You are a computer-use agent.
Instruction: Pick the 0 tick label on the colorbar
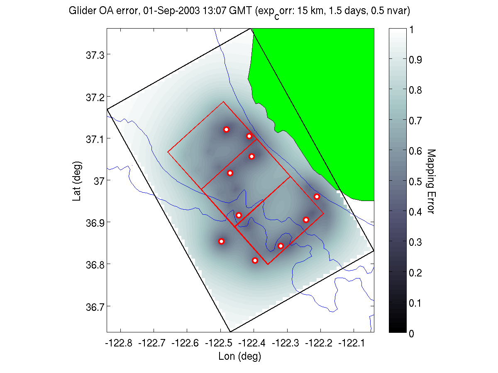click(411, 333)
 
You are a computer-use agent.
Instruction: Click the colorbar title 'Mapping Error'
click(430, 181)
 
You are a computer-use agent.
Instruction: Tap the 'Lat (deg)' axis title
click(77, 181)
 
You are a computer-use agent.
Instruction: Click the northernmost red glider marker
click(226, 129)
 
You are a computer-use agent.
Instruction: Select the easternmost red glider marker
click(317, 196)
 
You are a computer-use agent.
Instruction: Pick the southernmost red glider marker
click(255, 260)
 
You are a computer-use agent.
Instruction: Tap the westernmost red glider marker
click(221, 241)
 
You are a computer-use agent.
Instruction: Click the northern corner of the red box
click(223, 102)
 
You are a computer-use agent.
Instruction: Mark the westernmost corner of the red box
click(168, 152)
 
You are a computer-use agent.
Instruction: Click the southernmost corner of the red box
click(268, 264)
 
